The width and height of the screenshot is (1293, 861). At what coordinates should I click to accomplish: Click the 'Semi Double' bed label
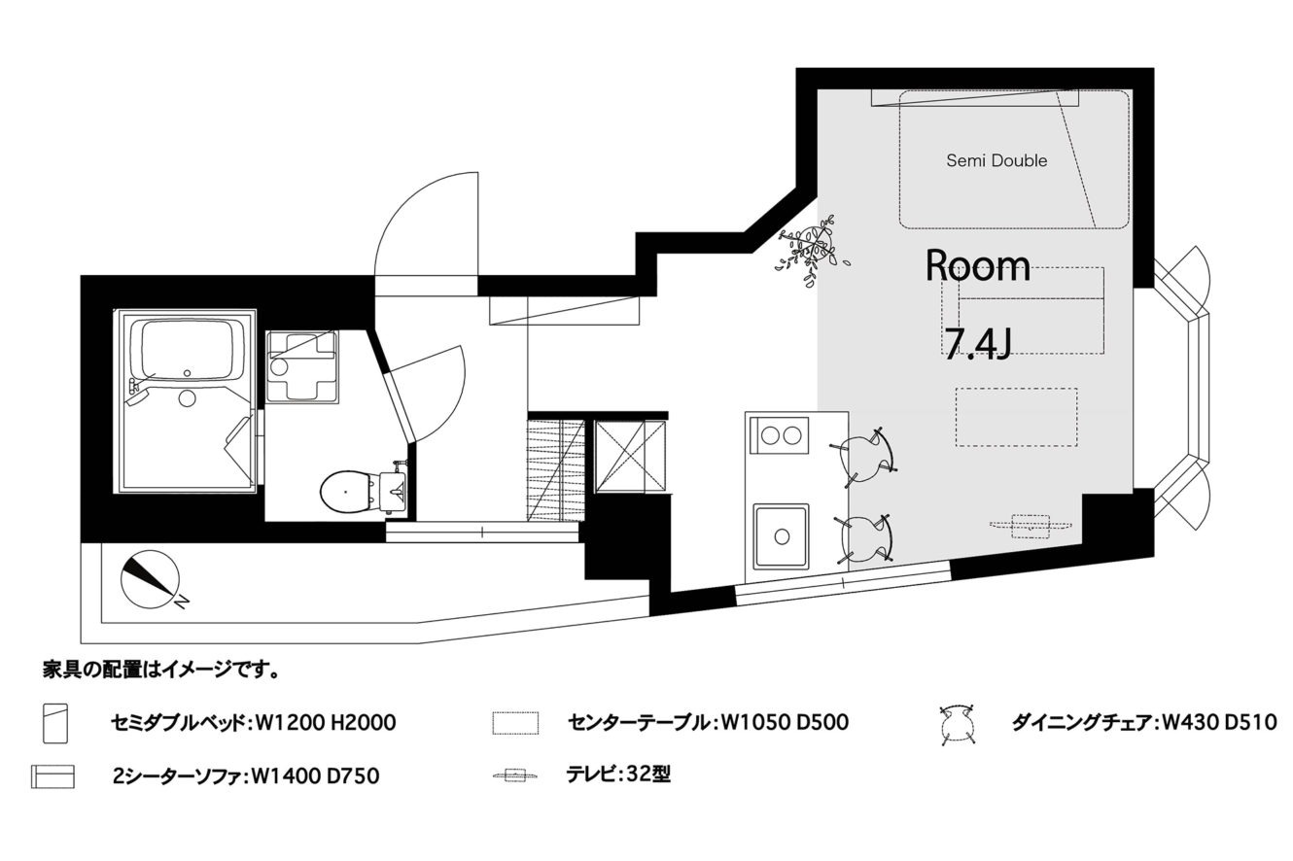996,160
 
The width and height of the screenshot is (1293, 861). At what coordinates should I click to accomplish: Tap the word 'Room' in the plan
977,266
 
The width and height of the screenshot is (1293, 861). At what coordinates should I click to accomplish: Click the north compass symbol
152,580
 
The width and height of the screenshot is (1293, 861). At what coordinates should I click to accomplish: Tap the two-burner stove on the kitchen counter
780,435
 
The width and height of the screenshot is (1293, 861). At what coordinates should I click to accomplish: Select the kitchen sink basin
781,535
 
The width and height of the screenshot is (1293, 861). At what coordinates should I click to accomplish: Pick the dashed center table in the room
1017,417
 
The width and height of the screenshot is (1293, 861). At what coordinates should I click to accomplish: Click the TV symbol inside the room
1031,526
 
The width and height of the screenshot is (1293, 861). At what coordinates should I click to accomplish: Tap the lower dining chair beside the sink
864,539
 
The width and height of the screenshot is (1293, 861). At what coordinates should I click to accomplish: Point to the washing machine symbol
302,365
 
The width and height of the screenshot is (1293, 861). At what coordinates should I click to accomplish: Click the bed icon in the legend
55,723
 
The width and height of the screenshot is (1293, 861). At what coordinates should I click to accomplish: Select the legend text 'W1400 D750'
316,776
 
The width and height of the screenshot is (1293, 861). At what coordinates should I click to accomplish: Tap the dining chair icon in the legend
957,724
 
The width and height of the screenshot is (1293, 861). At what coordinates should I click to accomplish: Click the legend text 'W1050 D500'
785,722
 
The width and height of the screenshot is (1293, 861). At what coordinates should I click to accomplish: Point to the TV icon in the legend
515,775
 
